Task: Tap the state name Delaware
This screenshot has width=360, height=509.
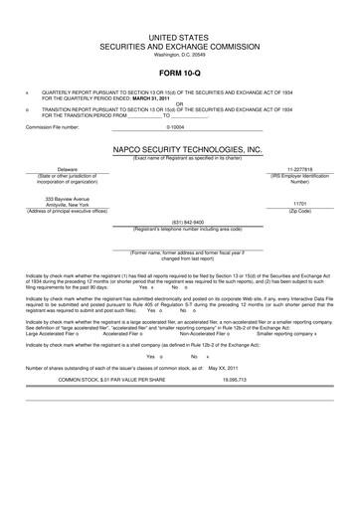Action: pyautogui.click(x=40, y=170)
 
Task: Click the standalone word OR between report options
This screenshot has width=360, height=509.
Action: pyautogui.click(x=179, y=103)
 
